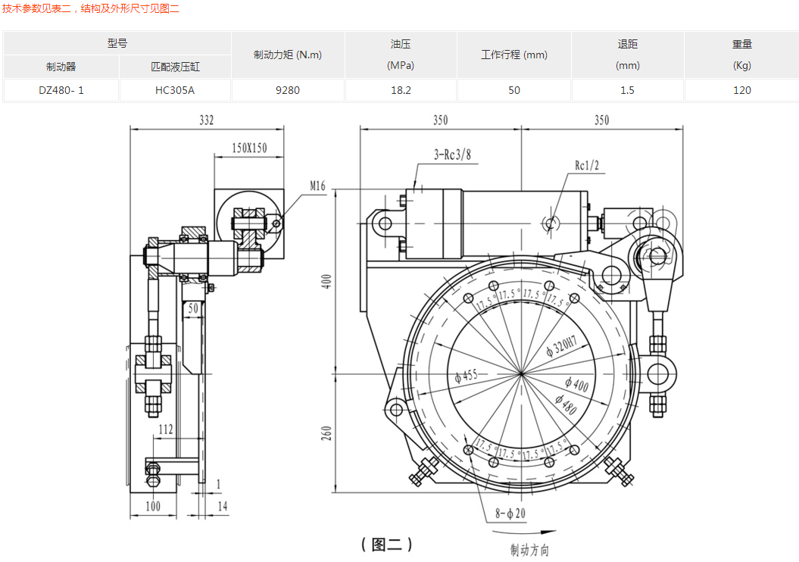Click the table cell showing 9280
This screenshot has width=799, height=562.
pyautogui.click(x=288, y=90)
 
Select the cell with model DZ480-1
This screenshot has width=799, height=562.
pyautogui.click(x=61, y=90)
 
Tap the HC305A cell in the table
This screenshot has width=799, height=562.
pyautogui.click(x=175, y=90)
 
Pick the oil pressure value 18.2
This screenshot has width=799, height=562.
pyautogui.click(x=401, y=90)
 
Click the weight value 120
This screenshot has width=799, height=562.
pyautogui.click(x=741, y=90)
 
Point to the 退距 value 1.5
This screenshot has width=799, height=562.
pyautogui.click(x=627, y=90)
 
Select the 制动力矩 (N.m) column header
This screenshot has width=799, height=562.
pyautogui.click(x=288, y=55)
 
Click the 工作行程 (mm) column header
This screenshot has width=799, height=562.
pyautogui.click(x=514, y=55)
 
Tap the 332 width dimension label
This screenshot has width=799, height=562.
pyautogui.click(x=206, y=120)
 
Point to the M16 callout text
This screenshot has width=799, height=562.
pyautogui.click(x=317, y=186)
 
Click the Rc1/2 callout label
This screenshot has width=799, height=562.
pyautogui.click(x=587, y=164)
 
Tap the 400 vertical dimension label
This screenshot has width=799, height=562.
pyautogui.click(x=327, y=281)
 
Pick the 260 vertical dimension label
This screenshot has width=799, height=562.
pyautogui.click(x=327, y=434)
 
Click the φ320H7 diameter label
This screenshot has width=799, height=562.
pyautogui.click(x=561, y=347)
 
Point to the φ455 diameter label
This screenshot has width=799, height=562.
pyautogui.click(x=466, y=376)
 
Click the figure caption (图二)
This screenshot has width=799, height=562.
pyautogui.click(x=387, y=544)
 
